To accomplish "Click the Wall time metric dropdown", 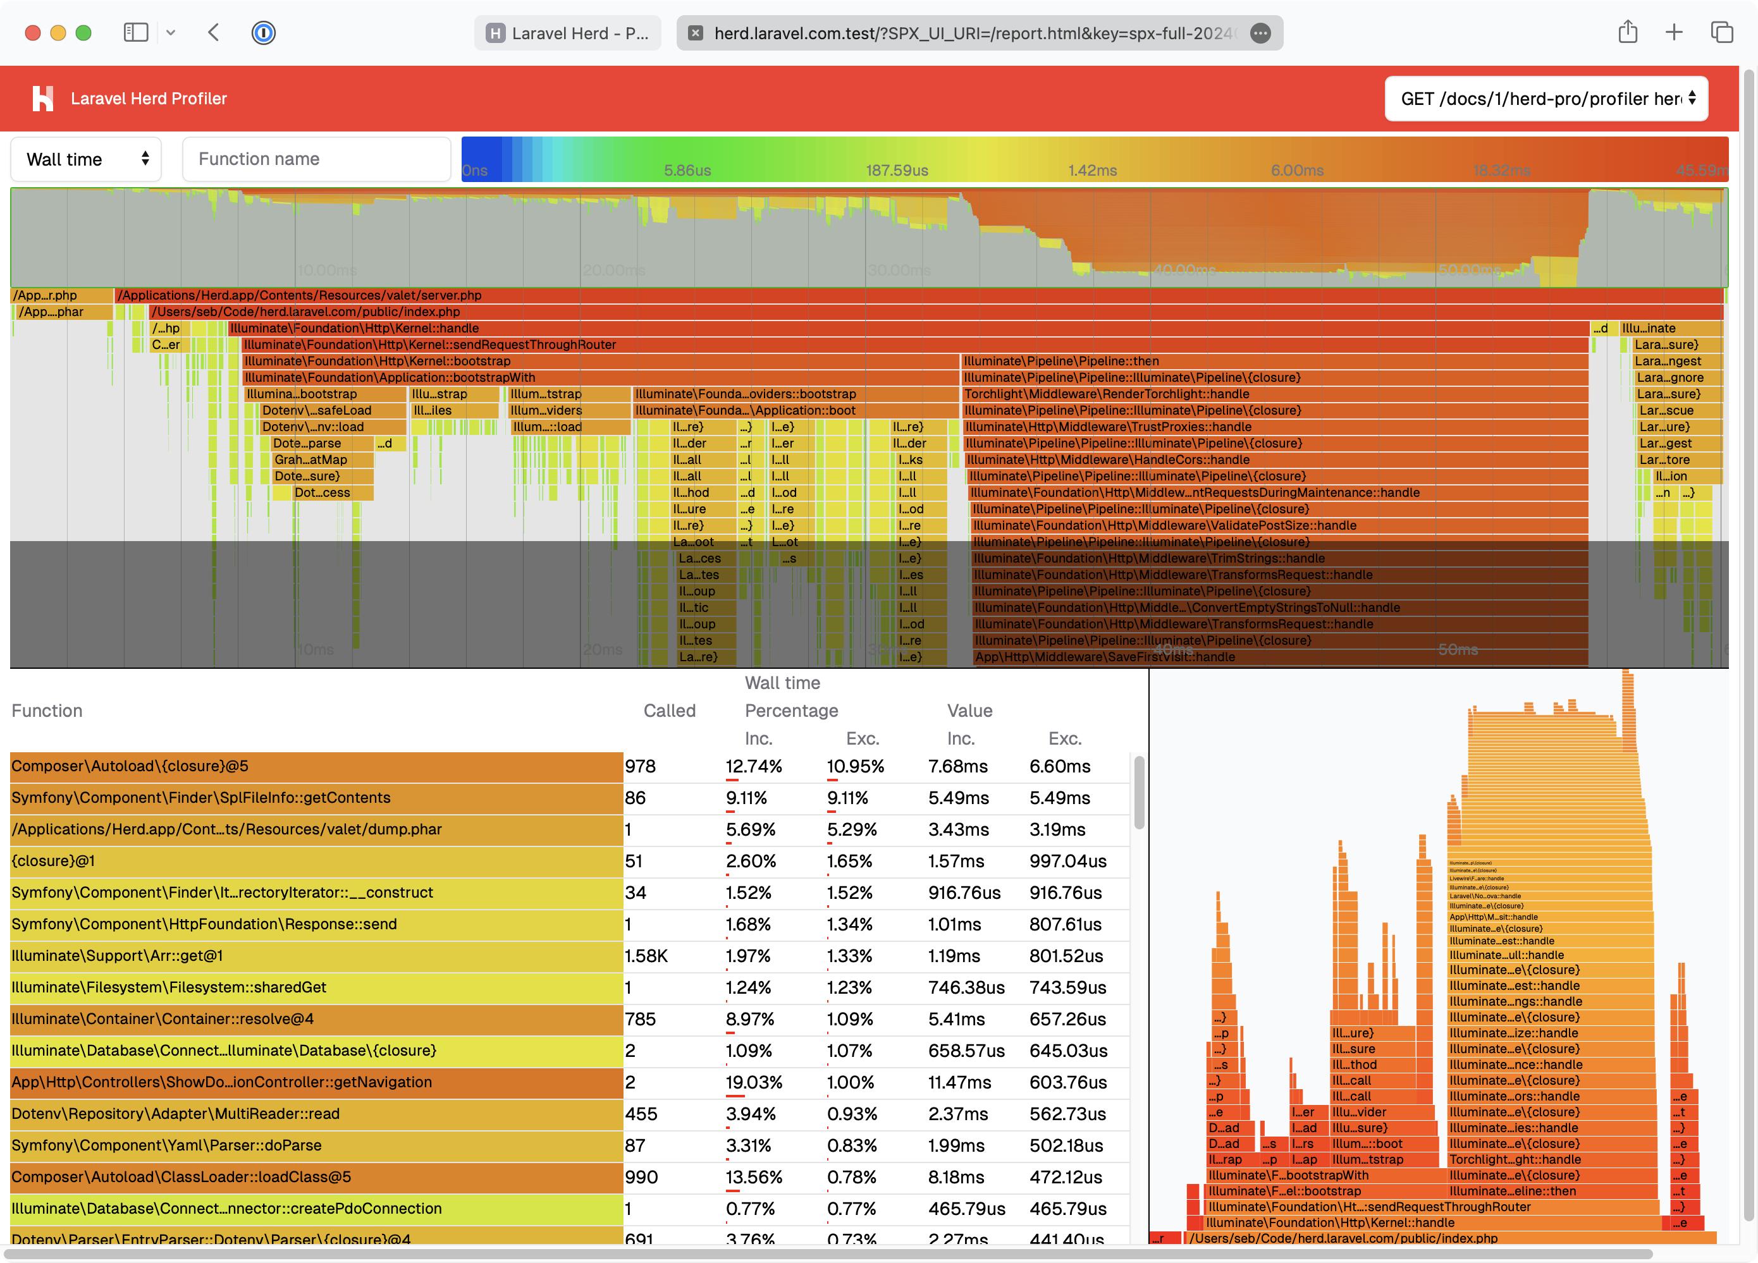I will (x=86, y=160).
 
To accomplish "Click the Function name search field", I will (x=316, y=160).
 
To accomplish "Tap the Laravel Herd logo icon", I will (x=42, y=99).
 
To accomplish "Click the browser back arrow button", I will (x=214, y=32).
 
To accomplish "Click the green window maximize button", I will (x=83, y=32).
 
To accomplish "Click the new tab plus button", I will (x=1675, y=32).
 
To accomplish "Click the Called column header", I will (x=669, y=711).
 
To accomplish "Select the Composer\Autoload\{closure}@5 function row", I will (x=316, y=766).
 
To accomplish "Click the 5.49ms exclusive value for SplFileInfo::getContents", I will (x=1060, y=798).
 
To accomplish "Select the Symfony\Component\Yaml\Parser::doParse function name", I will (x=167, y=1145).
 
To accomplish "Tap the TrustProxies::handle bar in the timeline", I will (x=1109, y=427).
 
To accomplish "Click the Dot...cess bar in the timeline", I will (x=323, y=493).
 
